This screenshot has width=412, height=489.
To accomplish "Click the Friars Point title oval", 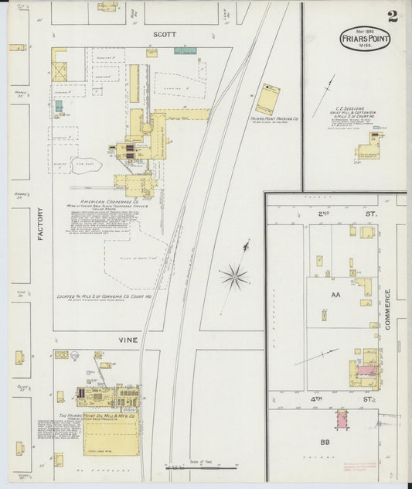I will click(x=364, y=39).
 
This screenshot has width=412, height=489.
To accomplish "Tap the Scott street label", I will click(x=165, y=35).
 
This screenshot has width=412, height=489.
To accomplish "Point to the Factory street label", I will click(x=39, y=224).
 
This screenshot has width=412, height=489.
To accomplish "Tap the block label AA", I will click(x=336, y=296).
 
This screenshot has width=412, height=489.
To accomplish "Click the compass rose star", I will click(x=234, y=275).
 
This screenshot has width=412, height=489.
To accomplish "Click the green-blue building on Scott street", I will click(x=184, y=51).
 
